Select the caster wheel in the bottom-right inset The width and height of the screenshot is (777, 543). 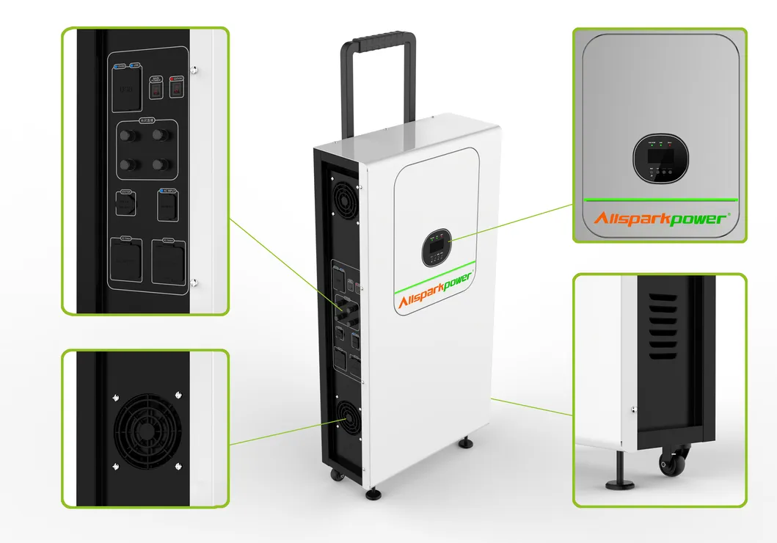670,465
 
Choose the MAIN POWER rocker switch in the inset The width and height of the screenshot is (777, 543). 156,89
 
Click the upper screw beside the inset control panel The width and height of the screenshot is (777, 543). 194,70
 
